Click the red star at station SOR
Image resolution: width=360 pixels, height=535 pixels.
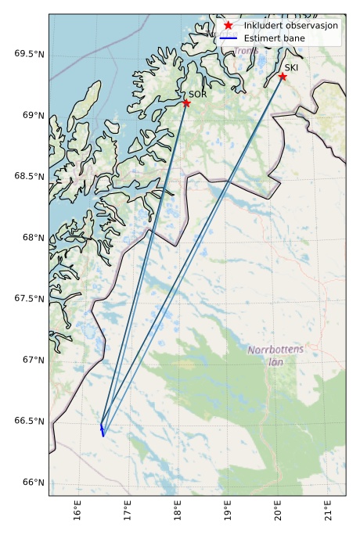point(186,103)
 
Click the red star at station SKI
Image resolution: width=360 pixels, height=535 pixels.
point(283,76)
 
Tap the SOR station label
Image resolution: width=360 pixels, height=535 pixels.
point(197,94)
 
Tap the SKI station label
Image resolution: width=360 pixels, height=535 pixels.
point(291,67)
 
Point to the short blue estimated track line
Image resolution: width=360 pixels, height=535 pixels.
point(102,429)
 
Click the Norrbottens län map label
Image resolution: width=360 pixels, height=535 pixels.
point(275,355)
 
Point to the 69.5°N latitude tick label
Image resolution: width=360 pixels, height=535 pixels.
point(29,54)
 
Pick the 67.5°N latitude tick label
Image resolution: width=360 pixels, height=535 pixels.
point(29,299)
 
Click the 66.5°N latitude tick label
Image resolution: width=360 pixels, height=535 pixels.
point(29,422)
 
